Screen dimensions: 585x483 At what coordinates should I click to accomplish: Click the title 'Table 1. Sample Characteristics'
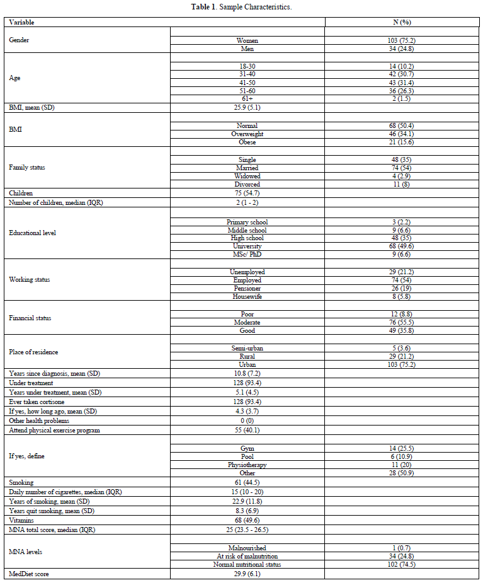(x=241, y=7)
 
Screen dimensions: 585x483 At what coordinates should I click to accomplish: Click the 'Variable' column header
(x=21, y=23)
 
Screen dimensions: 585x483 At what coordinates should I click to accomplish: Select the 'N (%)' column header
(x=401, y=23)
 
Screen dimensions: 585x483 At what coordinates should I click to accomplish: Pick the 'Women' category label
(x=247, y=40)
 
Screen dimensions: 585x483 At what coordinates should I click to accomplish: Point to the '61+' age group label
(x=247, y=99)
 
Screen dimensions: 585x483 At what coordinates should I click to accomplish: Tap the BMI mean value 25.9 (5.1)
(x=247, y=108)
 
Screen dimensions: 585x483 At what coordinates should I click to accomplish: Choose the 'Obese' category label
(x=247, y=142)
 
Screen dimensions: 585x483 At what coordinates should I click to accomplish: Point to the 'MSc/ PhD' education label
(x=247, y=255)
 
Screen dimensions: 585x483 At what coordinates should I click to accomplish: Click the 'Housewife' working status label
(x=247, y=296)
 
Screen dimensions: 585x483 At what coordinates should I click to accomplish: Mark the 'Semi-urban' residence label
(x=247, y=349)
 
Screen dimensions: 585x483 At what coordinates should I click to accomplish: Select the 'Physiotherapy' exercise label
(x=247, y=465)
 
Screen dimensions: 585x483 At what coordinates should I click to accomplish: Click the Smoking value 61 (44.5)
(x=247, y=482)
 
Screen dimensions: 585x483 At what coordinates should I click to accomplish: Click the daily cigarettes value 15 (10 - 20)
(x=247, y=491)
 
